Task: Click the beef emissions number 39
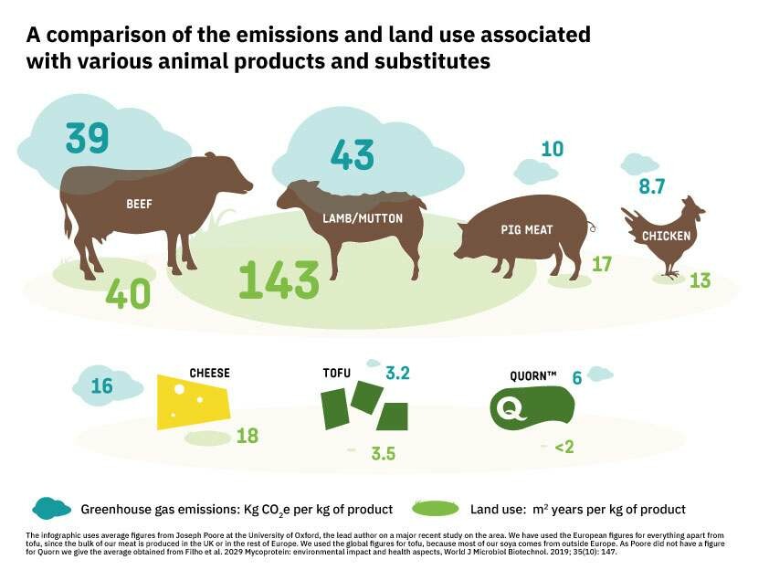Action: pyautogui.click(x=88, y=138)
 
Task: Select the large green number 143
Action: pyautogui.click(x=279, y=280)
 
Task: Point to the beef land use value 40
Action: pyautogui.click(x=128, y=293)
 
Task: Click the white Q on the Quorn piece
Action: pyautogui.click(x=510, y=407)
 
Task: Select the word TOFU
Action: pyautogui.click(x=337, y=374)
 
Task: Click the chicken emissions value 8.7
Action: pyautogui.click(x=652, y=187)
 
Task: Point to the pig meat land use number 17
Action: pyautogui.click(x=601, y=264)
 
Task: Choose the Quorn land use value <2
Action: pyautogui.click(x=564, y=448)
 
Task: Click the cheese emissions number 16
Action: pyautogui.click(x=101, y=386)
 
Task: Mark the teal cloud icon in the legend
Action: pyautogui.click(x=52, y=508)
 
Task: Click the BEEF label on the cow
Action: pyautogui.click(x=139, y=205)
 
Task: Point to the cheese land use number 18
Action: pyautogui.click(x=248, y=436)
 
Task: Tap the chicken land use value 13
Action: pyautogui.click(x=700, y=280)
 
